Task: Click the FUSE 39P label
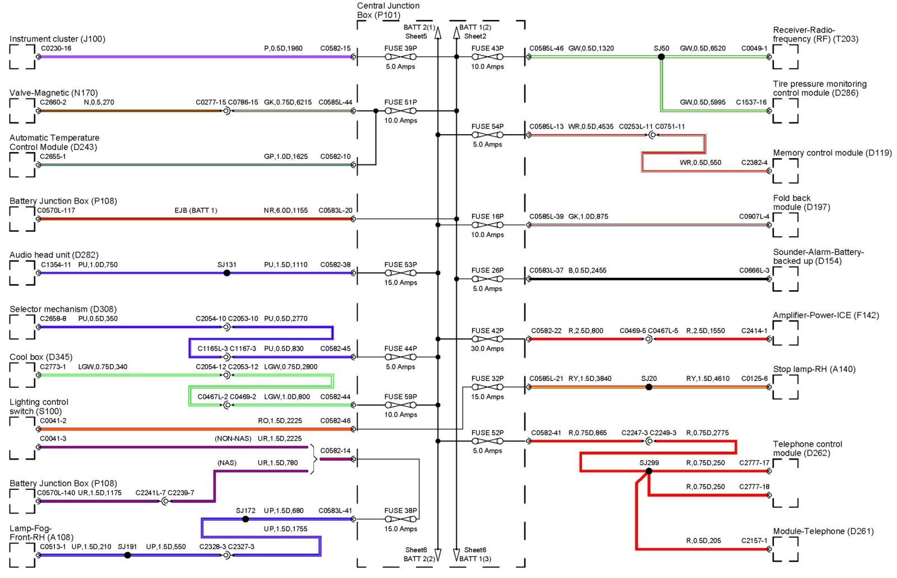[x=400, y=48]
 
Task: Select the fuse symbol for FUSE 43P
[x=487, y=57]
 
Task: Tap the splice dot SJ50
[x=661, y=57]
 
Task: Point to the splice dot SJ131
[x=226, y=273]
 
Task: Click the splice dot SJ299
[x=649, y=471]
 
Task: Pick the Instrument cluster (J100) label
[x=57, y=39]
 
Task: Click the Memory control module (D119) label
[x=832, y=153]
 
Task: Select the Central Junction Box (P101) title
[x=388, y=10]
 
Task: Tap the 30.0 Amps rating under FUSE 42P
[x=487, y=348]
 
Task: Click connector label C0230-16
[x=56, y=48]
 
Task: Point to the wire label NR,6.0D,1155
[x=285, y=210]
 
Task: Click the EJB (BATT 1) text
[x=196, y=210]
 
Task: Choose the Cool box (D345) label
[x=41, y=357]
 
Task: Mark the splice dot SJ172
[x=245, y=519]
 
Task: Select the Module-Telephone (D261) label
[x=823, y=531]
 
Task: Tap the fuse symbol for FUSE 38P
[x=400, y=519]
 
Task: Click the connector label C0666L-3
[x=754, y=270]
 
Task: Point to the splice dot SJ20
[x=649, y=387]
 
